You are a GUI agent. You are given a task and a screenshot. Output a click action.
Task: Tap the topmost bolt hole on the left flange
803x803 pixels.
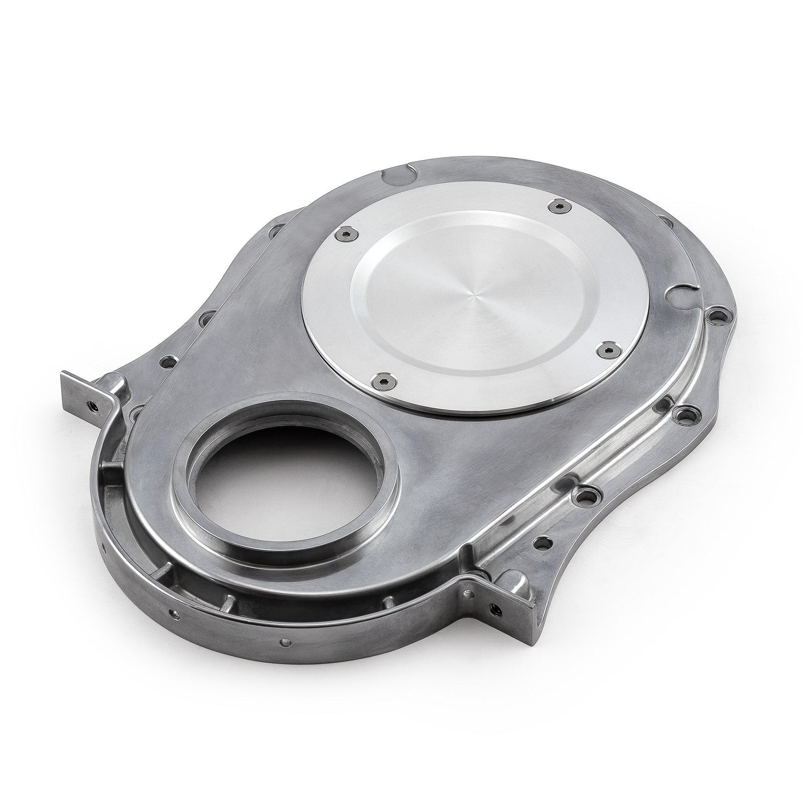tap(275, 232)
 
